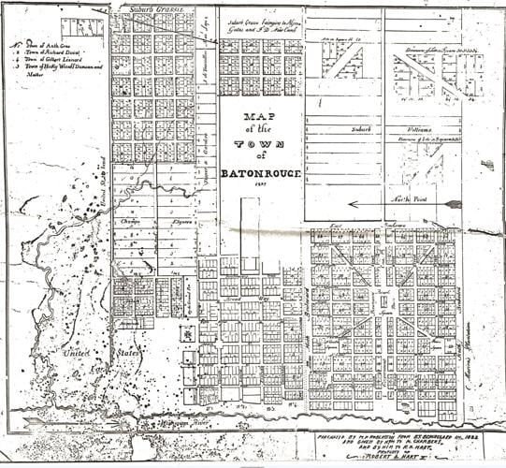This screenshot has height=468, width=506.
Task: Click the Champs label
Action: [130, 222]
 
